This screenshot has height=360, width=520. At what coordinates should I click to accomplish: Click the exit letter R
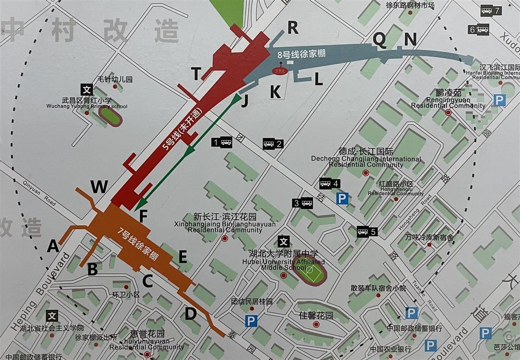point(293,29)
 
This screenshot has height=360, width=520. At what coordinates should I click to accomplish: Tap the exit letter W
point(99,187)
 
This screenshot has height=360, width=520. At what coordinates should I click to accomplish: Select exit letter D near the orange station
point(191,313)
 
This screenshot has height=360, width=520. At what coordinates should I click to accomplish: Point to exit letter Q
point(380,40)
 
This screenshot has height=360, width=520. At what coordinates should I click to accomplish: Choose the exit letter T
point(197,74)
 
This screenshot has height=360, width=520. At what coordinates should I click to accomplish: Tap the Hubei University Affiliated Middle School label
point(283,260)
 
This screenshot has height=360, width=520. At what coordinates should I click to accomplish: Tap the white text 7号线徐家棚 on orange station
point(138,244)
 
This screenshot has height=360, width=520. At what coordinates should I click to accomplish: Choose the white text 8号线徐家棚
point(301,54)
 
